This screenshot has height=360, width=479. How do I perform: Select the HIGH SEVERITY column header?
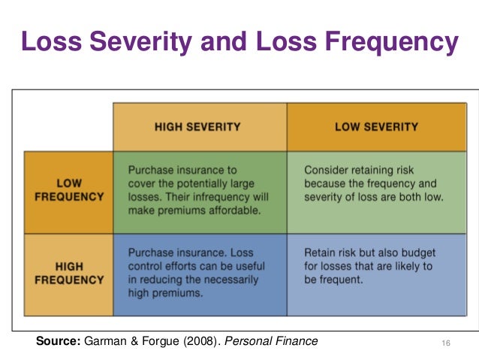click(x=199, y=127)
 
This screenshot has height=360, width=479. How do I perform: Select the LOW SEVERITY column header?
click(x=376, y=127)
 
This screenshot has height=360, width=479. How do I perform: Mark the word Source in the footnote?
click(x=57, y=341)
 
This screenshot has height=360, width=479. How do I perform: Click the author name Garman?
click(x=102, y=341)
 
